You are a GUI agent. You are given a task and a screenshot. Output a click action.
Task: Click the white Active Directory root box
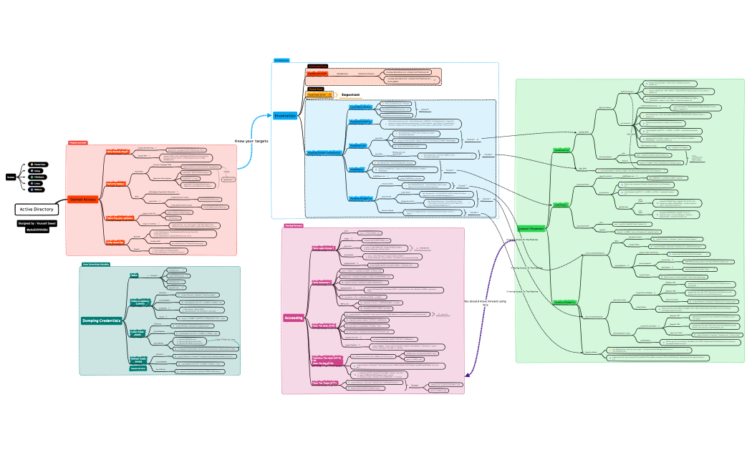[x=36, y=209]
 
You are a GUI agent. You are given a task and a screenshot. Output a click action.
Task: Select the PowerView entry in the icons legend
[x=38, y=164]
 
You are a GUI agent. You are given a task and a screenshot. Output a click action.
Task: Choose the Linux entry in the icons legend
[x=37, y=183]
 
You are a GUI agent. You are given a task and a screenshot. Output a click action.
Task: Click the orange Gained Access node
[x=82, y=200]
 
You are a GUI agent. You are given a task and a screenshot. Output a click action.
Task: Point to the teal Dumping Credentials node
[x=101, y=320]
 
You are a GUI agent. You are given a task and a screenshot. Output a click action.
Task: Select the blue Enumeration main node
[x=285, y=115]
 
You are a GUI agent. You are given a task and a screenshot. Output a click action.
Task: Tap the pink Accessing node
[x=294, y=317]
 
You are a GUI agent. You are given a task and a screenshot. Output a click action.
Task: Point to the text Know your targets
[x=251, y=141]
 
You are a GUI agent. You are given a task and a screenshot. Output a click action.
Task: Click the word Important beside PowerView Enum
[x=350, y=94]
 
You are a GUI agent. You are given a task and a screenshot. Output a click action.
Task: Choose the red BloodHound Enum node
[x=317, y=73]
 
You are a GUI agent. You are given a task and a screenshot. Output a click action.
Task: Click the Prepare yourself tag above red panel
[x=78, y=142]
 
